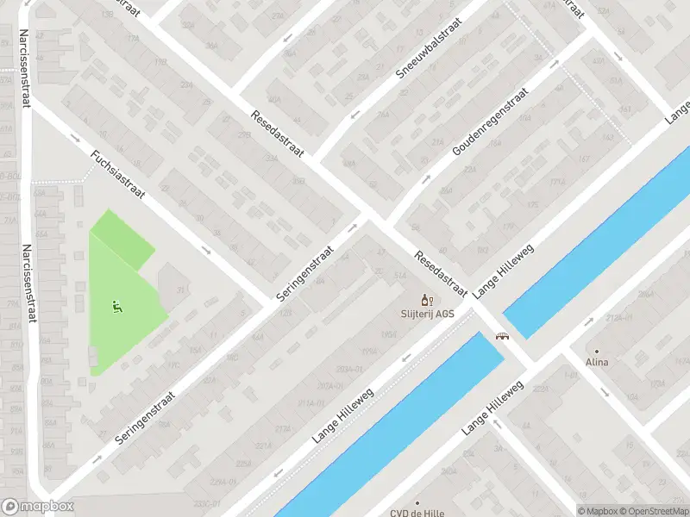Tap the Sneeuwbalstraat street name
(x=430, y=48)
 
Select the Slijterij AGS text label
(x=426, y=314)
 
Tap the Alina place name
(x=596, y=362)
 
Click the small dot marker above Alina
(x=596, y=351)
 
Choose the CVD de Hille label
(x=417, y=513)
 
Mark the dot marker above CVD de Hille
(x=417, y=501)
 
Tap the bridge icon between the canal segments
(x=499, y=337)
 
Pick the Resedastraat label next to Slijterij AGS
(x=440, y=273)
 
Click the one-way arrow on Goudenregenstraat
(x=426, y=180)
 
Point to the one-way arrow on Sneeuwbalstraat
(x=354, y=114)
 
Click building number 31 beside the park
(x=180, y=290)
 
